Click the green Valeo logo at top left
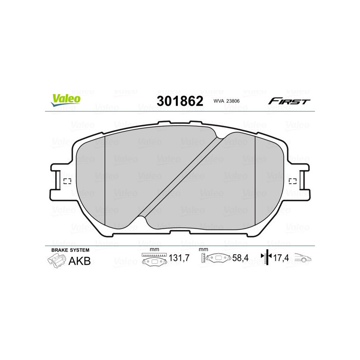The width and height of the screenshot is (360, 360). pyautogui.click(x=66, y=100)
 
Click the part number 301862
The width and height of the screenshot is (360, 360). pyautogui.click(x=180, y=101)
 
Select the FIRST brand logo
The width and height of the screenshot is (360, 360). pyautogui.click(x=289, y=101)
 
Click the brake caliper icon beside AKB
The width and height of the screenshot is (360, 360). pyautogui.click(x=56, y=261)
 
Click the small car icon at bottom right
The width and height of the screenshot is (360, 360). pyautogui.click(x=303, y=260)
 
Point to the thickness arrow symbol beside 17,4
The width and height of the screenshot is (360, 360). pyautogui.click(x=266, y=258)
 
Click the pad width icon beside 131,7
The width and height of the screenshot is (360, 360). pyautogui.click(x=154, y=260)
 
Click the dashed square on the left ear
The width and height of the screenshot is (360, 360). pyautogui.click(x=67, y=181)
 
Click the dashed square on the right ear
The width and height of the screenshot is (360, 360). pyautogui.click(x=292, y=181)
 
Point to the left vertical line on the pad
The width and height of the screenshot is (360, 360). pyautogui.click(x=104, y=180)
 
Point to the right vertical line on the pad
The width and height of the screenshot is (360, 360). pyautogui.click(x=255, y=180)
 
